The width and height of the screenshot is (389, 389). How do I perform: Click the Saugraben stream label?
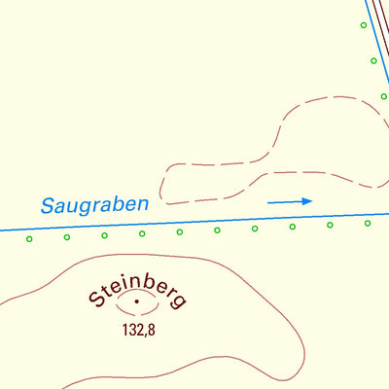pyautogui.click(x=95, y=205)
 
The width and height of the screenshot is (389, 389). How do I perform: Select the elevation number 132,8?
pyautogui.click(x=137, y=330)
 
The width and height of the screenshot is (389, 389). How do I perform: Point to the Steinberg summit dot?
pyautogui.click(x=137, y=303)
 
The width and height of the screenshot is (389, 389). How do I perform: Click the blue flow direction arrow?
pyautogui.click(x=290, y=202)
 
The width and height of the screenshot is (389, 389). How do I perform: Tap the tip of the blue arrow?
pyautogui.click(x=311, y=201)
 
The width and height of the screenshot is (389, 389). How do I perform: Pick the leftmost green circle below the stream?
pyautogui.click(x=29, y=238)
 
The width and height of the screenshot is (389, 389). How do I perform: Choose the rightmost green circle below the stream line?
pyautogui.click(x=368, y=224)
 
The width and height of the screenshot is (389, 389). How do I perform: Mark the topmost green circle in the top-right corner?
pyautogui.click(x=364, y=25)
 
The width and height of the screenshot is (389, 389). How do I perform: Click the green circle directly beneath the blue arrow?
pyautogui.click(x=292, y=227)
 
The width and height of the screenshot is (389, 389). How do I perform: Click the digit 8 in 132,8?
pyautogui.click(x=152, y=330)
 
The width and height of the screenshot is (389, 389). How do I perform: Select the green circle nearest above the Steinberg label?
pyautogui.click(x=142, y=233)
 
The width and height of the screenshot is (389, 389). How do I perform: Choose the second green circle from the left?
pyautogui.click(x=67, y=236)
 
